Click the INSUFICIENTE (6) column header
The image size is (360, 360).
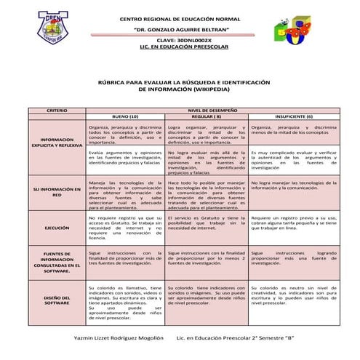[294, 116]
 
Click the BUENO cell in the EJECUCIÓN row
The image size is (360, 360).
[124, 228]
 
